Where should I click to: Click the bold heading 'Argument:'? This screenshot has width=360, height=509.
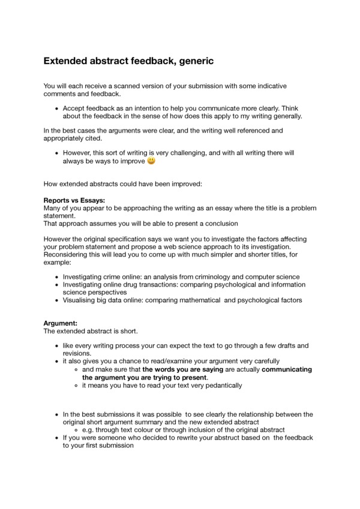click(x=61, y=324)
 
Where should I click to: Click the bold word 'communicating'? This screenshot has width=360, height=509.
click(x=287, y=370)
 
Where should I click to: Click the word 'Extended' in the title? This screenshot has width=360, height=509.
click(x=68, y=61)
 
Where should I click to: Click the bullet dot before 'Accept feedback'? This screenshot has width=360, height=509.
click(x=56, y=109)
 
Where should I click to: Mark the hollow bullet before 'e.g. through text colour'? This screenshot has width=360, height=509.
click(x=76, y=430)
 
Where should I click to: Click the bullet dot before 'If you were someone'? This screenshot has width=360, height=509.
click(x=56, y=438)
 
